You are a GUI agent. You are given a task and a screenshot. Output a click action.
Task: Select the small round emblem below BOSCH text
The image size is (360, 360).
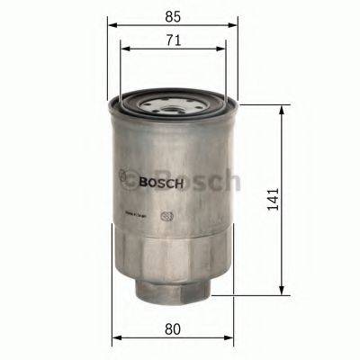166,217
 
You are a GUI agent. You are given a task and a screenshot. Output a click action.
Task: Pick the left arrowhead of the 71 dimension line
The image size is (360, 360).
123,50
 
